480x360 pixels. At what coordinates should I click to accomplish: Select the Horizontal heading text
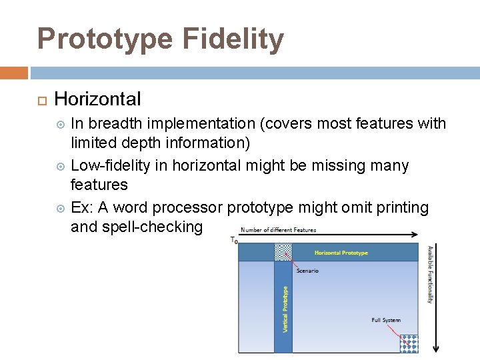pyautogui.click(x=97, y=99)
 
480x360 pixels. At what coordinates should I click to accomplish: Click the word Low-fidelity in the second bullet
pyautogui.click(x=111, y=165)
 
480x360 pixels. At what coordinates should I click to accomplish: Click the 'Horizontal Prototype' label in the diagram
pyautogui.click(x=341, y=253)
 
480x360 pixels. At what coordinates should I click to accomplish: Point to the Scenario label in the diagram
pyautogui.click(x=307, y=271)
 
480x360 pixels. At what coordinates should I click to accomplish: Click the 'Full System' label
pyautogui.click(x=386, y=320)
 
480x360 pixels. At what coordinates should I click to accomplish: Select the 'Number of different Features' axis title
pyautogui.click(x=278, y=230)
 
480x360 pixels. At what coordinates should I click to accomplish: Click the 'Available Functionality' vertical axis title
pyautogui.click(x=430, y=274)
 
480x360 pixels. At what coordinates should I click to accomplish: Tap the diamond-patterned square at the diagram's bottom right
pyautogui.click(x=409, y=343)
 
